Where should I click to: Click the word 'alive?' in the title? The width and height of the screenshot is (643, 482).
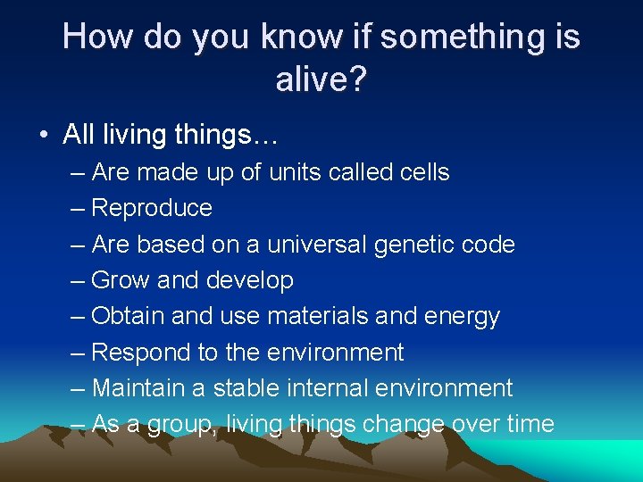[321, 79]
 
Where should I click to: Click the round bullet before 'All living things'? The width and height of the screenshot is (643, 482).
[43, 136]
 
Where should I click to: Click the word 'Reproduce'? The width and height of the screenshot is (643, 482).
[152, 209]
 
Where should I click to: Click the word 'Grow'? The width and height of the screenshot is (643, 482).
[121, 280]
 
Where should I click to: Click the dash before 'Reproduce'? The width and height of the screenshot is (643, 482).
[77, 209]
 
